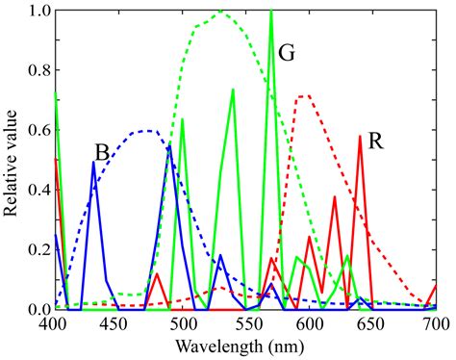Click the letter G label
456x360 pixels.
(286, 53)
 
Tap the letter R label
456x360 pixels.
(377, 141)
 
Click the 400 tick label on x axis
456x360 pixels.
(55, 324)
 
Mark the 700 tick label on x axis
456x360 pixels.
(434, 324)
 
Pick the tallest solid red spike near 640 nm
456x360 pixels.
(360, 137)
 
